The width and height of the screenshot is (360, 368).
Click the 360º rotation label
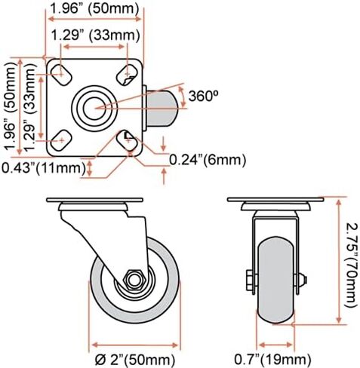(x=203, y=96)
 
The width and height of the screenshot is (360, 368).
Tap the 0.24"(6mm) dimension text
(x=207, y=160)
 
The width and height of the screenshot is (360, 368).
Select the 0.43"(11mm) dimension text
(x=44, y=167)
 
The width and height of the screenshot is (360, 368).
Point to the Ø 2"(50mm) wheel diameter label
(x=135, y=360)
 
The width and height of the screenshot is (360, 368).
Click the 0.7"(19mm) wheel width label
(x=272, y=359)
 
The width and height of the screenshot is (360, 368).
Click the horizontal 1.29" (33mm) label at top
(x=96, y=35)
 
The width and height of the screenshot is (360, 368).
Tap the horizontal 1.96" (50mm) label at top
(x=94, y=8)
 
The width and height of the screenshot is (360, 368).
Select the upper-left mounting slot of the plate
(x=61, y=75)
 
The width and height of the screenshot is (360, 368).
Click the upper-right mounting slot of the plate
(x=128, y=75)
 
